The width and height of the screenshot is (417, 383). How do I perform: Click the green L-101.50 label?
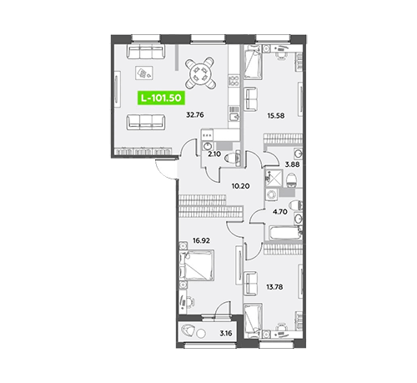161,98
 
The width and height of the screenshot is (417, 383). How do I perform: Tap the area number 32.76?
195,114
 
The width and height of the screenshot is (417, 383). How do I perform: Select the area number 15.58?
276,115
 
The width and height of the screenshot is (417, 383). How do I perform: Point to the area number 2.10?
214,154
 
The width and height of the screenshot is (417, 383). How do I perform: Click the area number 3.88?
292,164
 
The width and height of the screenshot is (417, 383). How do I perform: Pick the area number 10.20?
240,186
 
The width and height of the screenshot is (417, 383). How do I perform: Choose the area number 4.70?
280,212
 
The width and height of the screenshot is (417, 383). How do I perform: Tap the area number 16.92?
201,240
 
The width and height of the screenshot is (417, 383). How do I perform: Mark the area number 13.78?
274,287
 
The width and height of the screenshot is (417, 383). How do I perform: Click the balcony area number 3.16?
226,333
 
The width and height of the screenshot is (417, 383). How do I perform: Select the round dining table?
200,73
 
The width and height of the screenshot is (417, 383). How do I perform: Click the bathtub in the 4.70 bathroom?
284,233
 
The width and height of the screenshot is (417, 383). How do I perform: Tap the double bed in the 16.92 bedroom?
197,265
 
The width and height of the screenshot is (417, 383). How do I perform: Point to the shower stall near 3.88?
274,178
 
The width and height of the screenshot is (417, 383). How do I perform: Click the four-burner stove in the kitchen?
234,81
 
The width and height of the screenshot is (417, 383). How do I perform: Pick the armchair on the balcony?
188,331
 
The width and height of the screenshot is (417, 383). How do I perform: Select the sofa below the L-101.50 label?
146,122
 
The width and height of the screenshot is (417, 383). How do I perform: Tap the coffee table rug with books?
144,73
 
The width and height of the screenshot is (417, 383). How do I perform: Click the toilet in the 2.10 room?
233,159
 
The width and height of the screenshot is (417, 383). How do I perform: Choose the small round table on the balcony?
201,333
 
